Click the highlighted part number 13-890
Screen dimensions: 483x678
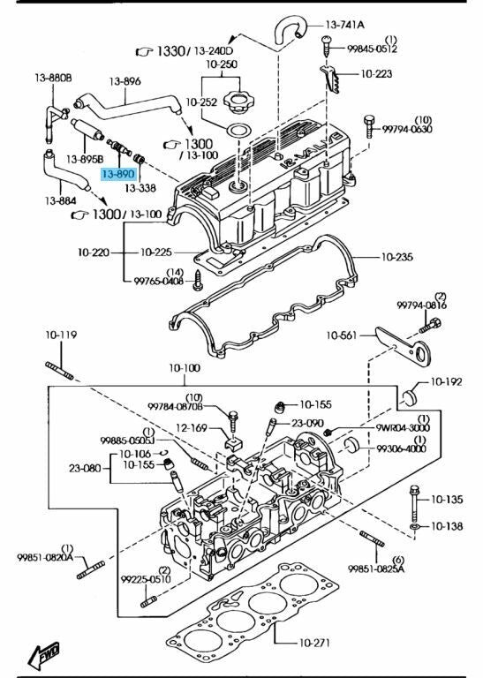click(118, 174)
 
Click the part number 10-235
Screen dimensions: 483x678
click(396, 257)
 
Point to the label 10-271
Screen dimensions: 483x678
click(314, 643)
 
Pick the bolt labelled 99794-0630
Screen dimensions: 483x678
click(369, 126)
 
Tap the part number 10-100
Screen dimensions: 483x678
click(185, 368)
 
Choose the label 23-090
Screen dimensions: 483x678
click(307, 423)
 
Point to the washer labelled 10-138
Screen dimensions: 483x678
click(415, 526)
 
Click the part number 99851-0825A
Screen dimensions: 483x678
click(376, 569)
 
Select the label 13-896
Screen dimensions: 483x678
click(125, 81)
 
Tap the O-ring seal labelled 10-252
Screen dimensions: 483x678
click(236, 130)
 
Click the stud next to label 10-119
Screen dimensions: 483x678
click(59, 371)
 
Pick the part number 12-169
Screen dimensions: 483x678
click(192, 428)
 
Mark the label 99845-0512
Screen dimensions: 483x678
click(372, 49)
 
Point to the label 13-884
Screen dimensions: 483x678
click(60, 200)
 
